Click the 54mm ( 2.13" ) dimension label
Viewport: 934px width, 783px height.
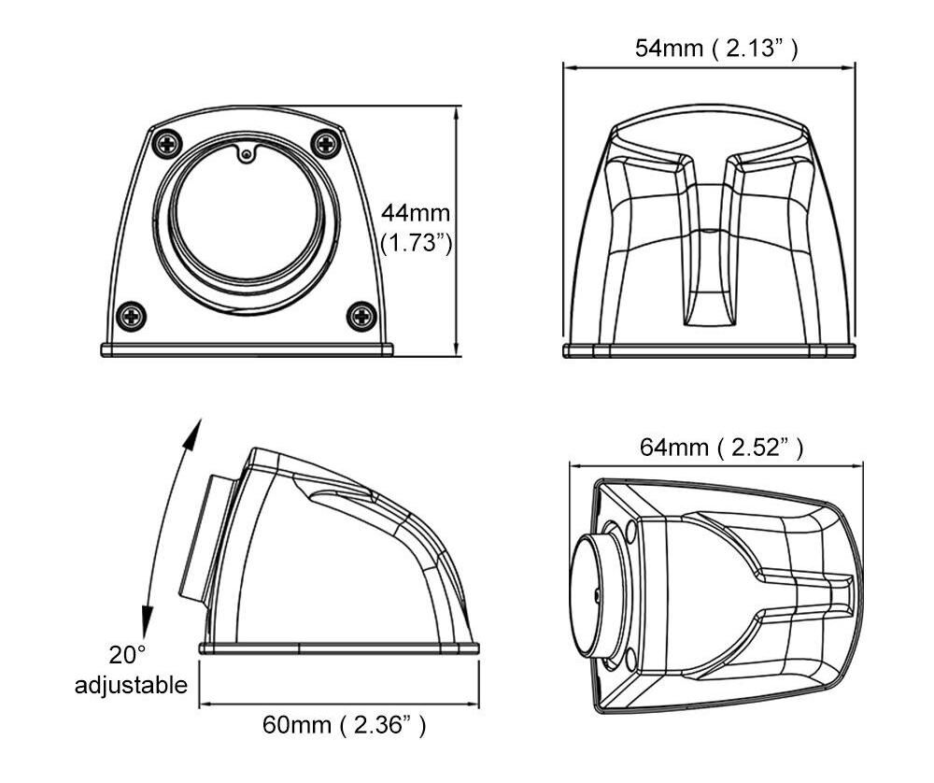coord(716,49)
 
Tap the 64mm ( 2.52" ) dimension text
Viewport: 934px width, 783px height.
coord(721,447)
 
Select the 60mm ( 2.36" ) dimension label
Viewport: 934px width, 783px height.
coord(345,725)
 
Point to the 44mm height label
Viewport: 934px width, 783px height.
coord(416,213)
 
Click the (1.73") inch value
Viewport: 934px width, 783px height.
coord(417,243)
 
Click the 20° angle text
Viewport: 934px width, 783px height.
coord(127,655)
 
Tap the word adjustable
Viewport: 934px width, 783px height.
coord(131,685)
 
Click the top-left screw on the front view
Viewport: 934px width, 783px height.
coord(167,144)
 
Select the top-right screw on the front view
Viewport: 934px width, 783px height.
coord(326,143)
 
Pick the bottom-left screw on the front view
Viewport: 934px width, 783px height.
coord(131,316)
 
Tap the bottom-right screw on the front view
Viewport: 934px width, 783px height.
coord(361,316)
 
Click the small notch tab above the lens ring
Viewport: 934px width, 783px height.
coord(246,154)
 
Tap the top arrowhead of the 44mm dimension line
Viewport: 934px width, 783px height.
coord(457,113)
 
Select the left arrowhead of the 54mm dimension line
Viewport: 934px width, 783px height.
coord(571,67)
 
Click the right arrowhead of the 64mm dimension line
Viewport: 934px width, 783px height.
coord(856,466)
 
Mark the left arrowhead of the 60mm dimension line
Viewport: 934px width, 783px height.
coord(206,705)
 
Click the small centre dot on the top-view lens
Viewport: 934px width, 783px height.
coord(597,594)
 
